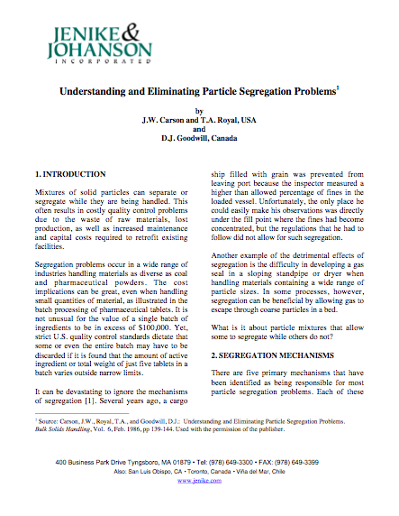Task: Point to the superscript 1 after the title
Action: tap(336, 88)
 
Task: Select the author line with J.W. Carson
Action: tap(200, 118)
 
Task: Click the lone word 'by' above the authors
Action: tap(200, 108)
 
